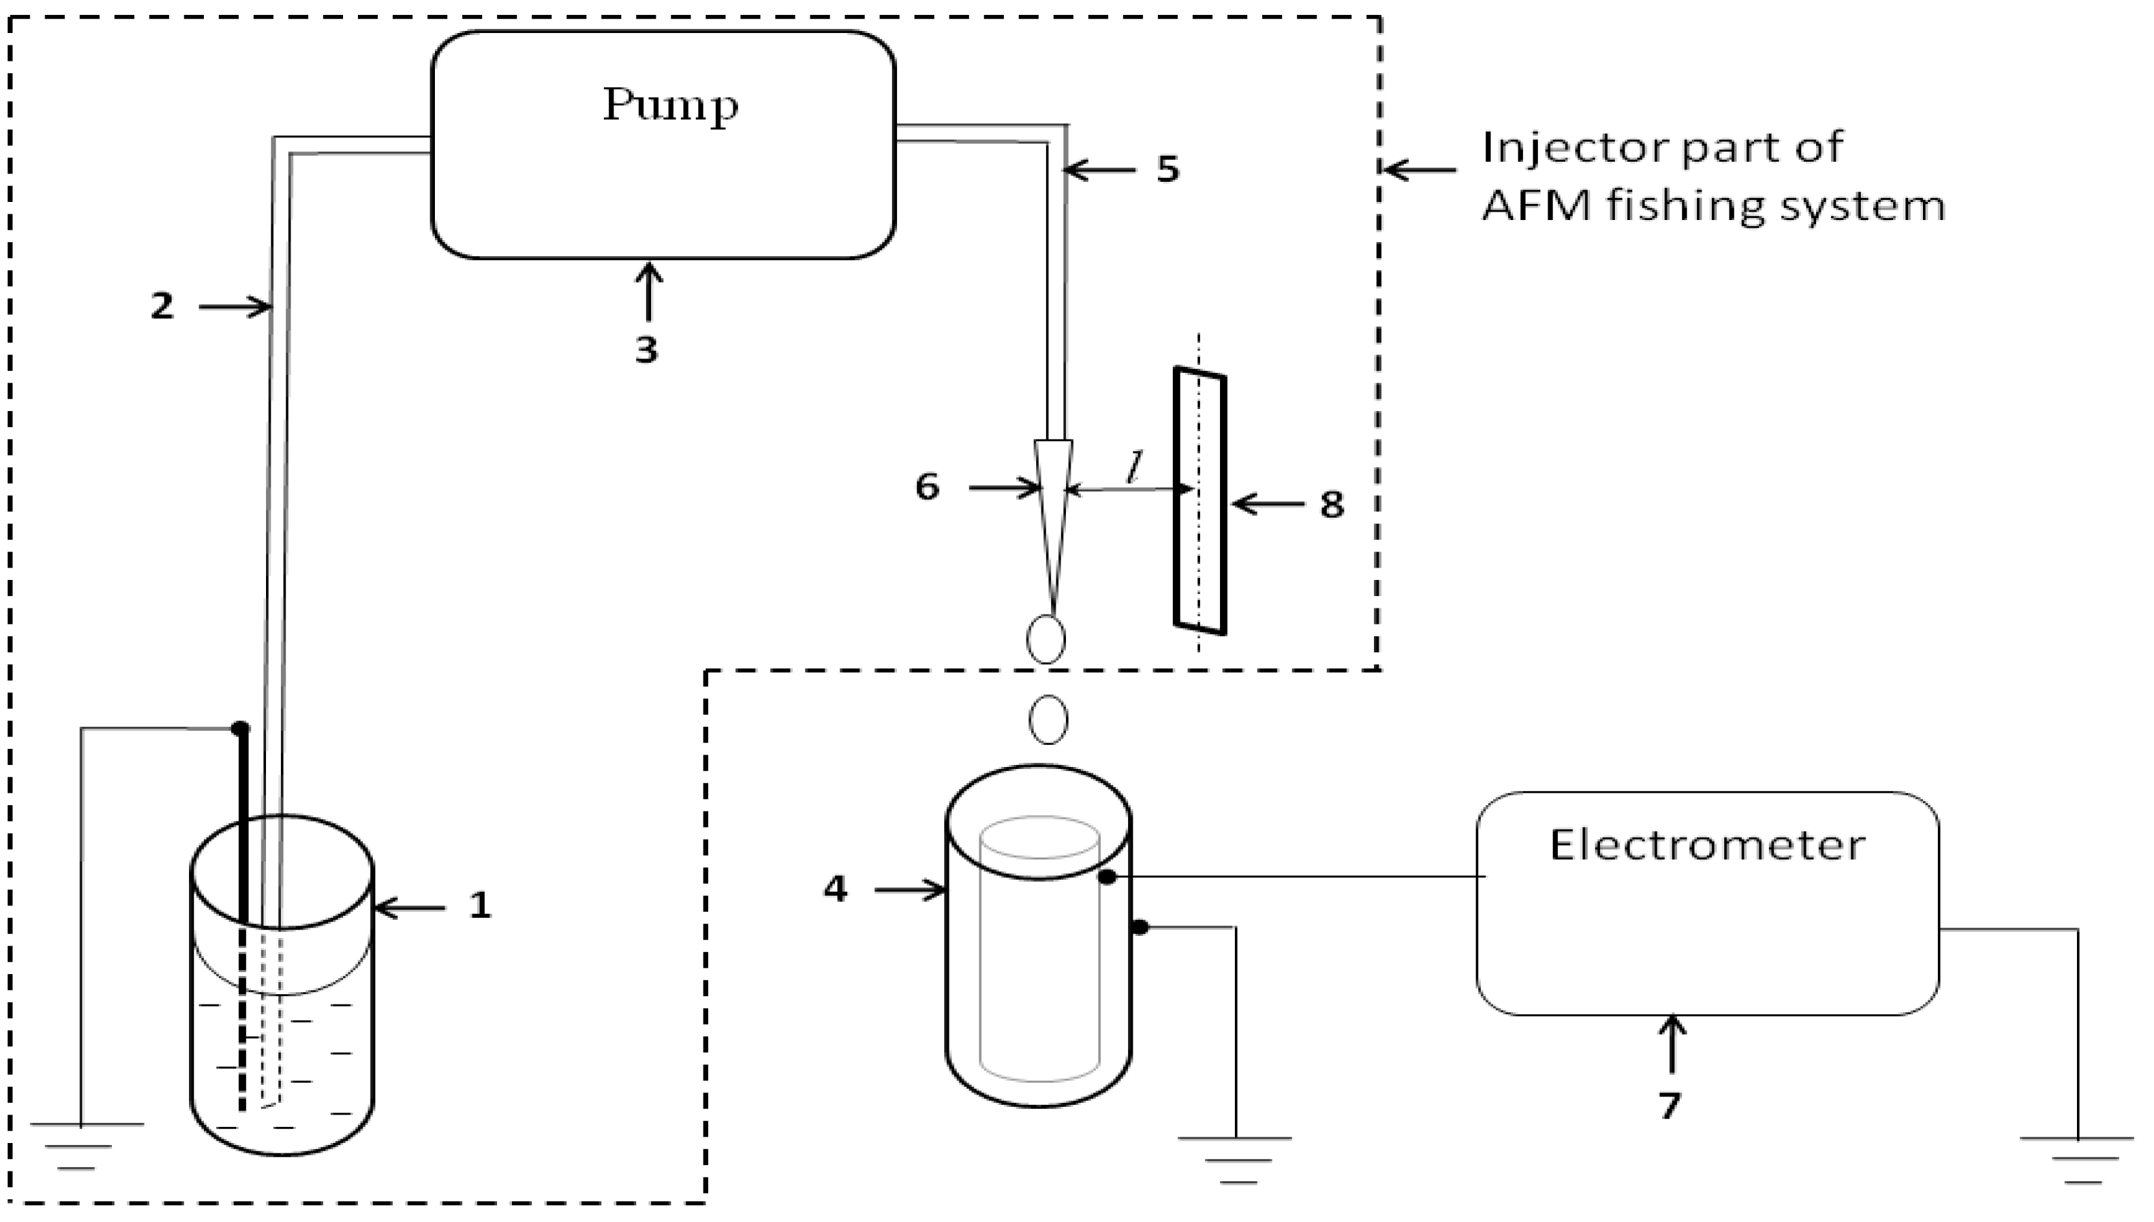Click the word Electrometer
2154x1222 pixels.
[1707, 845]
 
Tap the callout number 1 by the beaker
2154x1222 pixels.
[479, 905]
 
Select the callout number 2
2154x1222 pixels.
[162, 306]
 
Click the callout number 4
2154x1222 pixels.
[835, 889]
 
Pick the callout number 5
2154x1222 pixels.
[1167, 170]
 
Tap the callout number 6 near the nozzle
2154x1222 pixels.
[926, 487]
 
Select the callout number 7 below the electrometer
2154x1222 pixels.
[1670, 1105]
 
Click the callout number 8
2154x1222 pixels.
[1331, 505]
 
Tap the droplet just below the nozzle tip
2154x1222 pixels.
[1045, 639]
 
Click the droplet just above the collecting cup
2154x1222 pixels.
[1048, 719]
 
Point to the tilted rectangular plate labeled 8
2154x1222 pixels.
[1200, 500]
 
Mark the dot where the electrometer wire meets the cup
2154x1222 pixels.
[1107, 877]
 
